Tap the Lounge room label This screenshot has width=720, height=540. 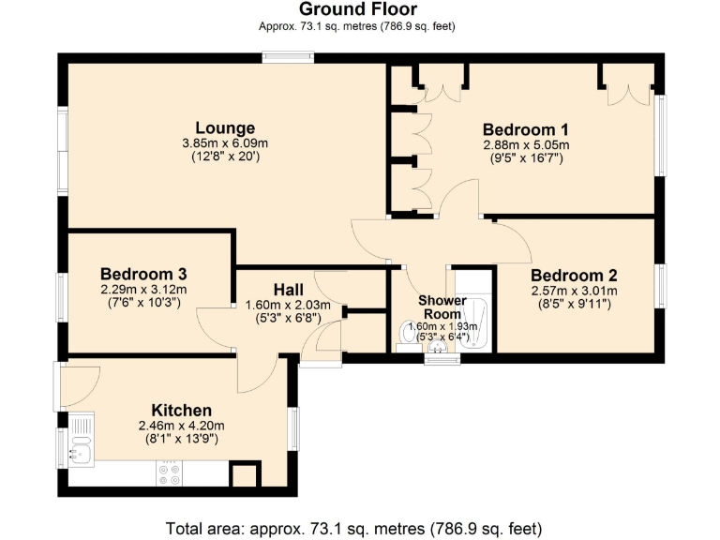pos(225,128)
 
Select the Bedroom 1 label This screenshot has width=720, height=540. pos(526,129)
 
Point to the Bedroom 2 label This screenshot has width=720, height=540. pos(574,276)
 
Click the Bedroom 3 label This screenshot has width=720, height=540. pos(143,274)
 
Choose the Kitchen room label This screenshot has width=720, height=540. pos(181,411)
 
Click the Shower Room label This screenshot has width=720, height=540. pos(442,307)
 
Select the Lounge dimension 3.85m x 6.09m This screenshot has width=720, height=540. pos(225,143)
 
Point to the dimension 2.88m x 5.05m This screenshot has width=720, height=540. pos(526,145)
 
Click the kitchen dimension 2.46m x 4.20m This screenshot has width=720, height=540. pos(181,426)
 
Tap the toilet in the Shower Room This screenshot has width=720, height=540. pos(407,333)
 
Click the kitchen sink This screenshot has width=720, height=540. pos(81,451)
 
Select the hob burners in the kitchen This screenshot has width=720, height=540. pos(170,473)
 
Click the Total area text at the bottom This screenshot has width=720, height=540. pos(354,527)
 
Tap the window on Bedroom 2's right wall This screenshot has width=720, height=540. pos(662,285)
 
